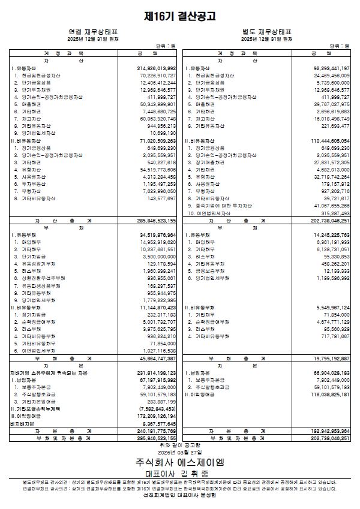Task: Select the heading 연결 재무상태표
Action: point(93,31)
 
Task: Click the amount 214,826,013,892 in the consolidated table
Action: point(152,69)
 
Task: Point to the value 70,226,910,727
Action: point(154,76)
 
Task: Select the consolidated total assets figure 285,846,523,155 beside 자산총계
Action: point(152,221)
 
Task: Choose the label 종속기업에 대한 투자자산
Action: point(223,206)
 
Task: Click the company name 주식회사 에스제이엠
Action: point(180,462)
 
